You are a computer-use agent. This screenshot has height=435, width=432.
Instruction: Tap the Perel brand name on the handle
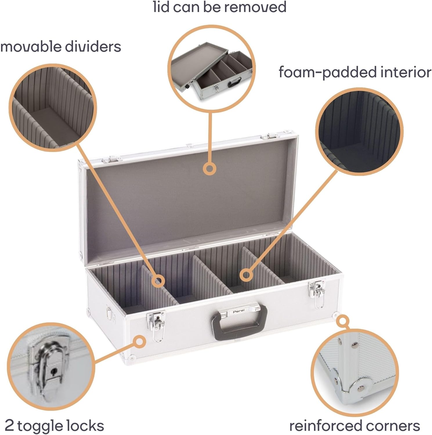tap(238, 311)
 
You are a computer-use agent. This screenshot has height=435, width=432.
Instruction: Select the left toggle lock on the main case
tap(156, 325)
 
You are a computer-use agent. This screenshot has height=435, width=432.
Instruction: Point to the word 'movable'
tap(30, 47)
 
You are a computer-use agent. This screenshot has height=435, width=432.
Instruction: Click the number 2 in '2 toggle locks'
tap(9, 426)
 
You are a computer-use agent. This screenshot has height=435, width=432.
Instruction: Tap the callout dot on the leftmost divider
tap(158, 281)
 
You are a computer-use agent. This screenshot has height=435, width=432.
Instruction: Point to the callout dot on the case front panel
tap(140, 342)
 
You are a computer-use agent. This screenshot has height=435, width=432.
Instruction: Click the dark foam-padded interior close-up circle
tap(359, 131)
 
